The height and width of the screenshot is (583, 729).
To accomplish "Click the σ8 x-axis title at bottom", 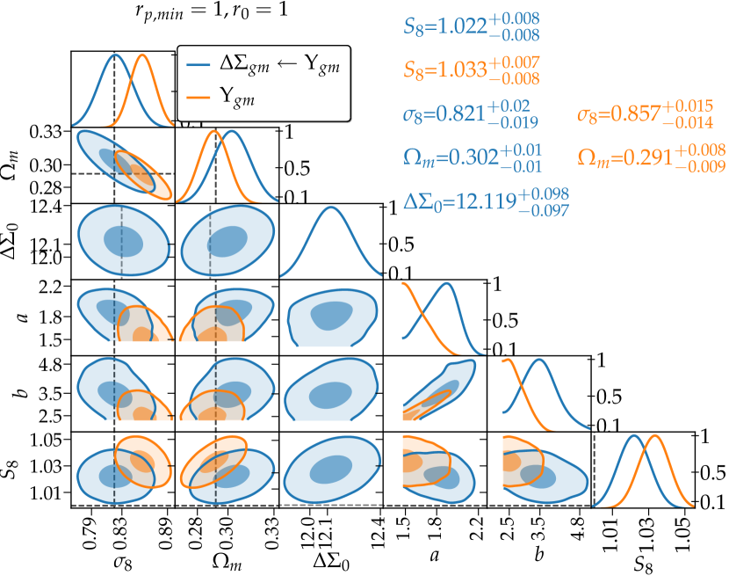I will tap(122, 559).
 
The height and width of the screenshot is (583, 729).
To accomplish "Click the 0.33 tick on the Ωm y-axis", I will tap(50, 133).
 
